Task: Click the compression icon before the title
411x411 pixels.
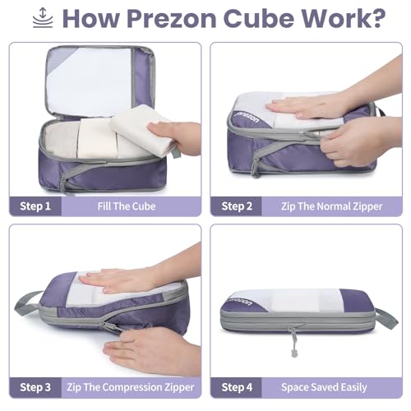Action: pyautogui.click(x=41, y=18)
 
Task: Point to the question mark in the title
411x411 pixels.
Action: pyautogui.click(x=380, y=18)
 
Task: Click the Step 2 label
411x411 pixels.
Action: pyautogui.click(x=238, y=205)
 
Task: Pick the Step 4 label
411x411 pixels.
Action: pyautogui.click(x=238, y=387)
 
